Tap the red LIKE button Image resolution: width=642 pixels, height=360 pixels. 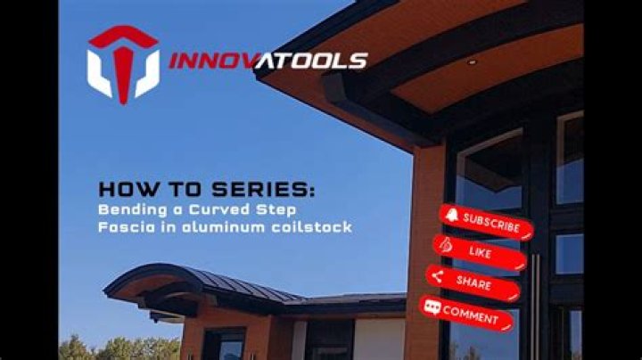click(480, 252)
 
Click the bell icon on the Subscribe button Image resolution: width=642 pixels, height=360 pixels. click(452, 215)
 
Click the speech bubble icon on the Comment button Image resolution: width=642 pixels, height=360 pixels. click(432, 307)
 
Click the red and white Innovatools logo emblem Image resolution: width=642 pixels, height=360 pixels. click(123, 63)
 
